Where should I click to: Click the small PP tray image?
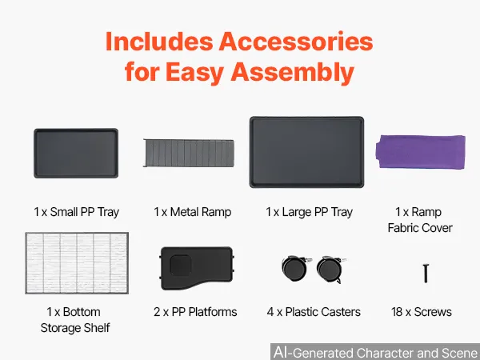tap(76, 153)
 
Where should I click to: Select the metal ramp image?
tap(189, 153)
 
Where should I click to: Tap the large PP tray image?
tap(306, 152)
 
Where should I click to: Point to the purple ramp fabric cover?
tap(421, 151)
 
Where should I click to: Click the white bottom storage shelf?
tap(77, 263)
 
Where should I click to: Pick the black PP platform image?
tap(197, 268)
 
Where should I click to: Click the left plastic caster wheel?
tap(296, 268)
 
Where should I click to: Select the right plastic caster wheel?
tap(330, 270)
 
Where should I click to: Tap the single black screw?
tap(426, 273)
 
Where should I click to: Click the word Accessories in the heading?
tap(296, 42)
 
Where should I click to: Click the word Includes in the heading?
tap(159, 42)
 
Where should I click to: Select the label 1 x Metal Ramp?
tap(193, 212)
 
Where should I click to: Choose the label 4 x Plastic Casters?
tap(314, 312)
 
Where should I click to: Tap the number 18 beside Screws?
tap(397, 312)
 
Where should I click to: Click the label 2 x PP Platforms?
tap(195, 312)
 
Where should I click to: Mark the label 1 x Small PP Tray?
tap(77, 212)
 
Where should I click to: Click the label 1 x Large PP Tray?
tap(309, 212)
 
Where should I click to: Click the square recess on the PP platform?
tap(181, 266)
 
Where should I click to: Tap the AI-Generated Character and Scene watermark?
tap(376, 352)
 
